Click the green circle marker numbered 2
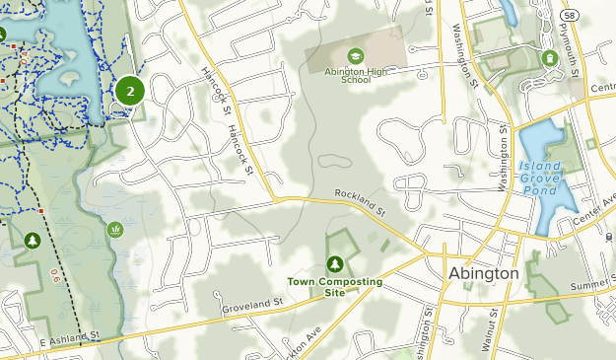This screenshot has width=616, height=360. point(130,91)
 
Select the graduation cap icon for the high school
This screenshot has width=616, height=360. point(355,55)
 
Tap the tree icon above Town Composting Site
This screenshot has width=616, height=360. point(335,263)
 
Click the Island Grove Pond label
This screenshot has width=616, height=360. point(540,178)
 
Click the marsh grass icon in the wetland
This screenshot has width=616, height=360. point(116,230)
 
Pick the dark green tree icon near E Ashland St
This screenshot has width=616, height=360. point(32,240)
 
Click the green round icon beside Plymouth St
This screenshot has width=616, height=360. point(547,57)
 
